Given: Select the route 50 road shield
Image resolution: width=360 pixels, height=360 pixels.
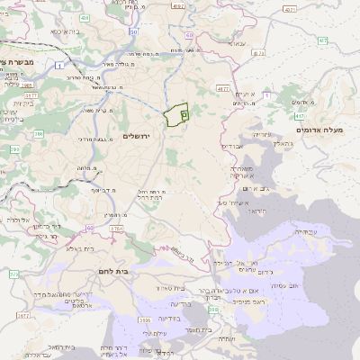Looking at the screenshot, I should pyautogui.click(x=133, y=31).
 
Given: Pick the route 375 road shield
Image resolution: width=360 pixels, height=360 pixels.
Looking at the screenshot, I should pyautogui.click(x=13, y=273).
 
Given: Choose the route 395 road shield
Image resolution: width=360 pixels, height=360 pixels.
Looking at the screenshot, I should pyautogui.click(x=39, y=134).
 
